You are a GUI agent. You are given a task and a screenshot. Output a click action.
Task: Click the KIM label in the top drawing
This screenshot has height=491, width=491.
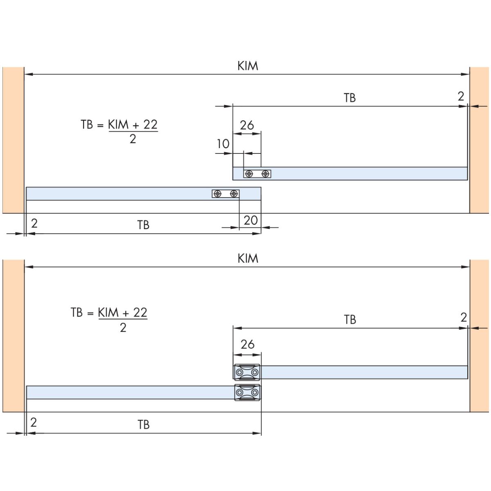click(248, 66)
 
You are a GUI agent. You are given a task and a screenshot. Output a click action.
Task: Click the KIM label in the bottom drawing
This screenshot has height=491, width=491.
click(248, 258)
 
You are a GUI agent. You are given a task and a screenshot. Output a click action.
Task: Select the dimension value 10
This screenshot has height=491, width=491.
click(223, 144)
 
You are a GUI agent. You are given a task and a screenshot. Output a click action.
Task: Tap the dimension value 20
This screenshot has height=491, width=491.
click(250, 221)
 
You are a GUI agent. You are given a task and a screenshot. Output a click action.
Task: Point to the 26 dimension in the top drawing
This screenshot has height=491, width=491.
click(247, 125)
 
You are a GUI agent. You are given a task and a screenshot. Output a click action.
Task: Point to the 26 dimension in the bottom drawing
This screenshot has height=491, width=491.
click(248, 344)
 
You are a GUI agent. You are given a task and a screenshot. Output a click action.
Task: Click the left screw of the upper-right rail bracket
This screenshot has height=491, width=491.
click(249, 174)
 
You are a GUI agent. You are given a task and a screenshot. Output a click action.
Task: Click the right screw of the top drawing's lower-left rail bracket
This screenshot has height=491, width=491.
click(234, 194)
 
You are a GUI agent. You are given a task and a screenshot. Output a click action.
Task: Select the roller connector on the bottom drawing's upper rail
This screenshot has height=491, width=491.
click(247, 372)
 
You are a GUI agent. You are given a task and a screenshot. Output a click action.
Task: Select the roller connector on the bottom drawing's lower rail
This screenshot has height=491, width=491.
click(248, 392)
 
